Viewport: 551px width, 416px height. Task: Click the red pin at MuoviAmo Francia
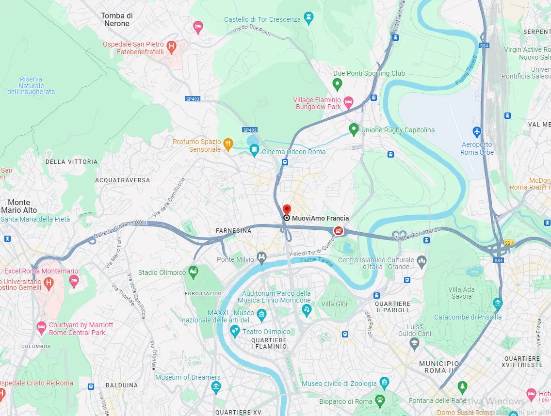pyautogui.click(x=287, y=209)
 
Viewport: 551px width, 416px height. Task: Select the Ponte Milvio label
pyautogui.click(x=235, y=259)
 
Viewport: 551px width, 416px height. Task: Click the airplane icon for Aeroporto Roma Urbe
pyautogui.click(x=477, y=131)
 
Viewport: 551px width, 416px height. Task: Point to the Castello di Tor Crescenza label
pyautogui.click(x=262, y=19)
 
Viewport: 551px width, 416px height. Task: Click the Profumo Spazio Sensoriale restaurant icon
pyautogui.click(x=228, y=144)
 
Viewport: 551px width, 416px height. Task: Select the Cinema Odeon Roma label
pyautogui.click(x=293, y=152)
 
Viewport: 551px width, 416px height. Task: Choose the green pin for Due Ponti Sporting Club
pyautogui.click(x=337, y=85)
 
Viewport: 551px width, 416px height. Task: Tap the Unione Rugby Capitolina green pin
pyautogui.click(x=354, y=129)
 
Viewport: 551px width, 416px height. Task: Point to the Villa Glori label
pyautogui.click(x=335, y=304)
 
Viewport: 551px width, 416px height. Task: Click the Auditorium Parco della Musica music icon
pyautogui.click(x=306, y=309)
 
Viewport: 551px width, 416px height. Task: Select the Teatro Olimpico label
pyautogui.click(x=266, y=332)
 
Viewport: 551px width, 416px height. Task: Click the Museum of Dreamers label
pyautogui.click(x=188, y=377)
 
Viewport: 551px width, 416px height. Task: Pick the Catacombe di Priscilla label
pyautogui.click(x=468, y=317)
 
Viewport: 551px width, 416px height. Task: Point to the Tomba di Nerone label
pyautogui.click(x=116, y=19)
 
